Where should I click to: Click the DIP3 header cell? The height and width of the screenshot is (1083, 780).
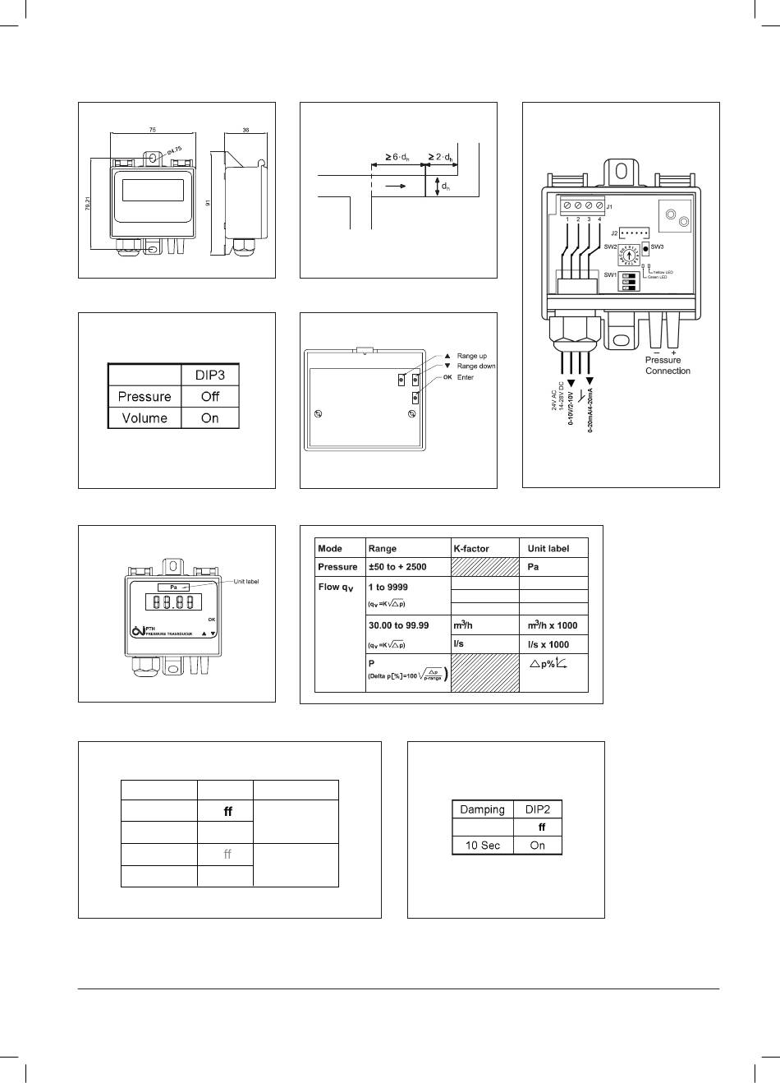click(x=210, y=375)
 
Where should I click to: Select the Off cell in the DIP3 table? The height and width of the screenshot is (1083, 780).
click(x=210, y=396)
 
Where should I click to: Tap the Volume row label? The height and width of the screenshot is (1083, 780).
click(x=145, y=417)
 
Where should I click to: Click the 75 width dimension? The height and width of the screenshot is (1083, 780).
click(x=153, y=129)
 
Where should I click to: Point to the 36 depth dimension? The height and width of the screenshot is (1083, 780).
click(x=246, y=129)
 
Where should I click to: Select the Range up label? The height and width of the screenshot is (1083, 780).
click(x=471, y=356)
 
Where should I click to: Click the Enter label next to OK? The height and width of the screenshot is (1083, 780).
click(x=466, y=377)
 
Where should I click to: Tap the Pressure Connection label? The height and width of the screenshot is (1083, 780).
click(x=668, y=366)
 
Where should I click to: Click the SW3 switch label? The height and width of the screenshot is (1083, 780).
click(x=657, y=247)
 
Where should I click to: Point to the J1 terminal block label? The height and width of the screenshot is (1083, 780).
click(x=610, y=207)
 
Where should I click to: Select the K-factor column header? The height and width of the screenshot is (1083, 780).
click(x=471, y=548)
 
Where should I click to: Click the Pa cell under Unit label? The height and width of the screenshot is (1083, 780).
click(x=534, y=567)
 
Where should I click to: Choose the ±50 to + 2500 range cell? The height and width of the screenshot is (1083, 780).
click(x=398, y=567)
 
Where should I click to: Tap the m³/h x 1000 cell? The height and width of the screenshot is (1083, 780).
click(x=553, y=625)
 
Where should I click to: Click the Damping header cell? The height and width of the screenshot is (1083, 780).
click(x=482, y=809)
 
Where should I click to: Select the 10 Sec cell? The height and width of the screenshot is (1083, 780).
click(x=482, y=845)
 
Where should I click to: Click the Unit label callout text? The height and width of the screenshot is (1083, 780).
click(x=246, y=582)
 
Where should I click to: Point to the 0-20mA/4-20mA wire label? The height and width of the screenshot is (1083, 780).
click(x=590, y=412)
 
